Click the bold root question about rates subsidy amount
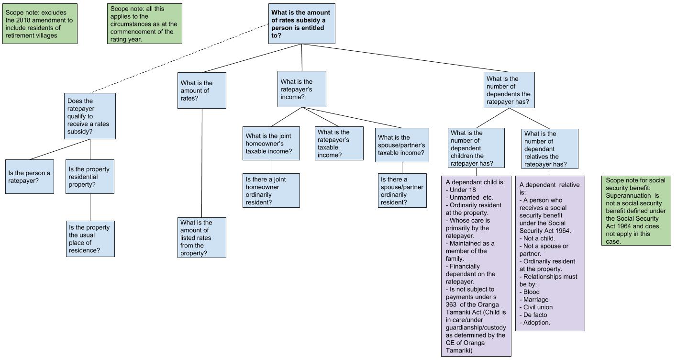[x=301, y=23]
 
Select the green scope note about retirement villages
[x=40, y=23]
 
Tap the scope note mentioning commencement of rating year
[x=144, y=23]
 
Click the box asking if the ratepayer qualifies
[x=90, y=116]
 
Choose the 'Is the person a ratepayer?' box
[x=30, y=177]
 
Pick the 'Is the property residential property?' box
[x=90, y=177]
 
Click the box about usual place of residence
[x=90, y=239]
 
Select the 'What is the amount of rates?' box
[x=201, y=90]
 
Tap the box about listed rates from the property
[x=201, y=237]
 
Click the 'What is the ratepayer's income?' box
[x=301, y=89]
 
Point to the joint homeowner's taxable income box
[x=271, y=144]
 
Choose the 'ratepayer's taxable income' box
[x=339, y=144]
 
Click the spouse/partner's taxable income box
[x=402, y=145]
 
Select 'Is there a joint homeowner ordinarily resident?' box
[x=271, y=190]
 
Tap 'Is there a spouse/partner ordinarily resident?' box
[x=402, y=190]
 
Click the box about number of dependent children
[x=476, y=148]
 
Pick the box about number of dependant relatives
[x=550, y=149]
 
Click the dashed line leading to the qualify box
[x=180, y=58]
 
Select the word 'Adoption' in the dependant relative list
[x=536, y=323]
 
